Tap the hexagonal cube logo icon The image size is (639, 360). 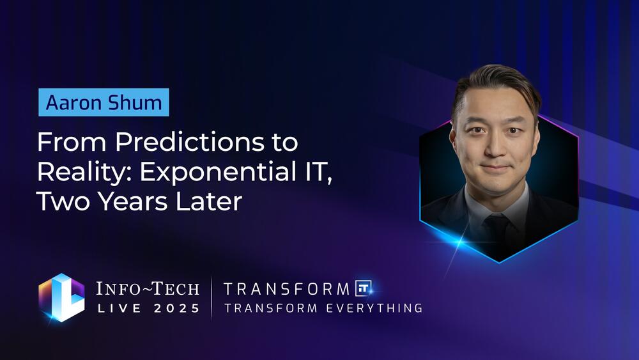(61, 297)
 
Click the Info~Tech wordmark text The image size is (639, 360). (148, 288)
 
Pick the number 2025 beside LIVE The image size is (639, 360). (176, 308)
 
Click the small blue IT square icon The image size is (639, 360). (363, 288)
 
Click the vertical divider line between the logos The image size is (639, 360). (212, 297)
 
